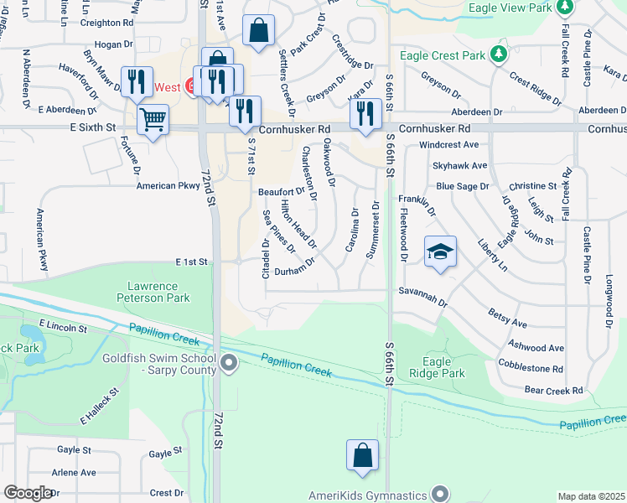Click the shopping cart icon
[x=153, y=120]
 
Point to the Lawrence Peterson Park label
[x=158, y=292]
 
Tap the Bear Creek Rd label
[x=552, y=391]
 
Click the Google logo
[x=27, y=493]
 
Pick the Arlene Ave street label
[x=74, y=473]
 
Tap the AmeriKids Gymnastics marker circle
[x=441, y=495]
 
